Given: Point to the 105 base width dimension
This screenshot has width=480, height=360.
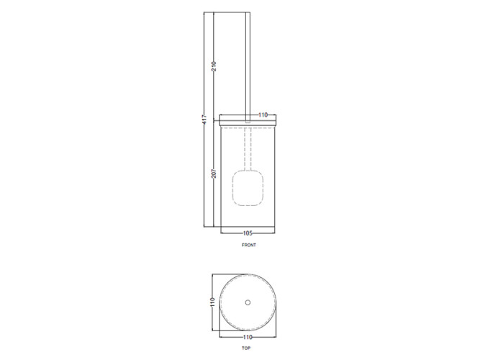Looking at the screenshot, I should coord(247,233).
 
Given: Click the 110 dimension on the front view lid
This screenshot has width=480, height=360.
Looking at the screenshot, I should coord(263,114).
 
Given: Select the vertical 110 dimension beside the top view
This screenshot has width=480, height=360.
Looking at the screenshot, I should coord(213,304).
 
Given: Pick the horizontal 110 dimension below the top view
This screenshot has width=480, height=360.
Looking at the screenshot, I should coord(247,336).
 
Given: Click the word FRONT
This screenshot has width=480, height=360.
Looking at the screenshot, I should coord(249,245).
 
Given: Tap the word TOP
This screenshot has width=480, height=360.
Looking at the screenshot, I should coord(246,348).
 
